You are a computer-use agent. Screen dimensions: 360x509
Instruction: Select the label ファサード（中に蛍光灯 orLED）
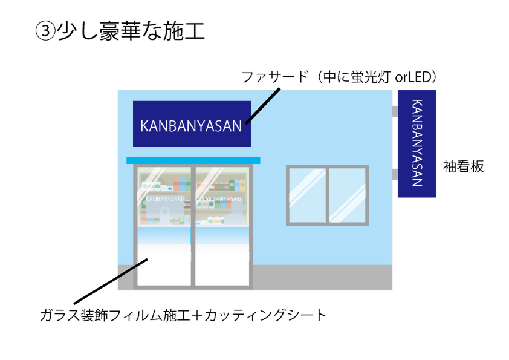pos(339,77)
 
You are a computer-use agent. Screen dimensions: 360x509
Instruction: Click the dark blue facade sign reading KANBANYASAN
pos(192,123)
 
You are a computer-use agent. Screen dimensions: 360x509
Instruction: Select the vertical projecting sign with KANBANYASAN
pos(417,144)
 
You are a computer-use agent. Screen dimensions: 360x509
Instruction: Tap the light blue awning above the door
pos(193,160)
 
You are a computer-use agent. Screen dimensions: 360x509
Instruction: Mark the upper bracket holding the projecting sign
pos(395,111)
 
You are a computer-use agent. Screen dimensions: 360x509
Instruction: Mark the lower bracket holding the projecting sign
pos(395,174)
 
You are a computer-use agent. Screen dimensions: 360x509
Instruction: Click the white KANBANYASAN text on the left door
pos(165,198)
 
